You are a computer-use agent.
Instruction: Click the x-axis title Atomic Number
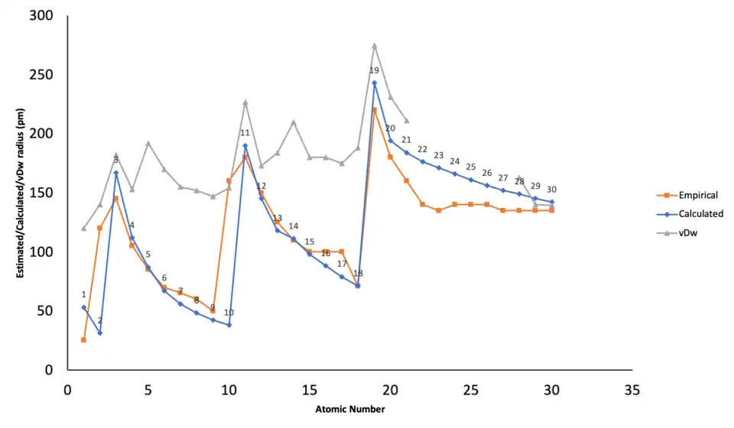click(x=349, y=409)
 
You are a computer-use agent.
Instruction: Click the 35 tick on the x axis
click(x=632, y=390)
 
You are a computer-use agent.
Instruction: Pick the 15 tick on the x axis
click(x=309, y=390)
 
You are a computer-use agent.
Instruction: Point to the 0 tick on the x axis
click(x=67, y=390)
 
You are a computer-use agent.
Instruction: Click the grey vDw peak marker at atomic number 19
click(x=374, y=45)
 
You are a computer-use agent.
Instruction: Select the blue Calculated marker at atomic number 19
click(x=374, y=83)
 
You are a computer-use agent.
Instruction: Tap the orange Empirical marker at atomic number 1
click(x=83, y=339)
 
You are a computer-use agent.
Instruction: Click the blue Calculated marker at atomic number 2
click(x=99, y=332)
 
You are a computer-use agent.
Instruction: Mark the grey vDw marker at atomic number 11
click(x=245, y=102)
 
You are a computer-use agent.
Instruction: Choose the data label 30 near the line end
click(x=551, y=190)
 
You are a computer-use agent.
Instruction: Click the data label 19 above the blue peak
click(x=374, y=70)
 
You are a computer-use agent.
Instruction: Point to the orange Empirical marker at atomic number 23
click(x=438, y=210)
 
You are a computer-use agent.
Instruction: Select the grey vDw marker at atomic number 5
click(x=148, y=144)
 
